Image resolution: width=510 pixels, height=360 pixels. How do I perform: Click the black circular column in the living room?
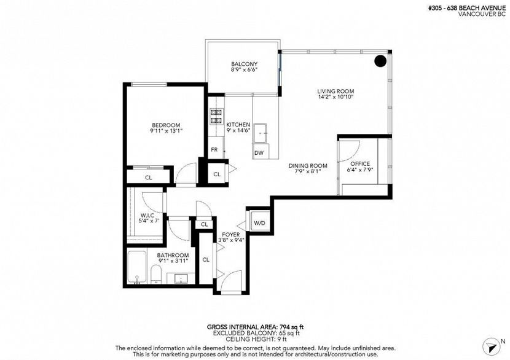[380, 61]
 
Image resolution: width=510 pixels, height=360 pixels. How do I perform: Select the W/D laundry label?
[259, 222]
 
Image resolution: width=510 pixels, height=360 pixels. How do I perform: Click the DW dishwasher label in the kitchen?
[259, 152]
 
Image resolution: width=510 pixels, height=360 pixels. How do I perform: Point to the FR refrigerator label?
[214, 149]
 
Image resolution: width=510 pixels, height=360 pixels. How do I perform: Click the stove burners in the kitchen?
[216, 117]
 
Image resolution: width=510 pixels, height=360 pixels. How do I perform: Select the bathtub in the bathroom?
[136, 268]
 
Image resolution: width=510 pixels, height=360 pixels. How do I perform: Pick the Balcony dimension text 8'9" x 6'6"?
[244, 71]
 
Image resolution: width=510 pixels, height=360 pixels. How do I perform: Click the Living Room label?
[335, 91]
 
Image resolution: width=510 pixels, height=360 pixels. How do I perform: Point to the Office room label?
[359, 163]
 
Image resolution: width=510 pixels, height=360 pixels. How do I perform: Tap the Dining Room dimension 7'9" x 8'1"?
[308, 173]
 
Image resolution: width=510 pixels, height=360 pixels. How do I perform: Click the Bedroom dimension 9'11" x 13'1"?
[165, 131]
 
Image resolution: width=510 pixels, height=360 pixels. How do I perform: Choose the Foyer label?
[230, 234]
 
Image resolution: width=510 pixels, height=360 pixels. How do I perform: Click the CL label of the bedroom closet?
[148, 178]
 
